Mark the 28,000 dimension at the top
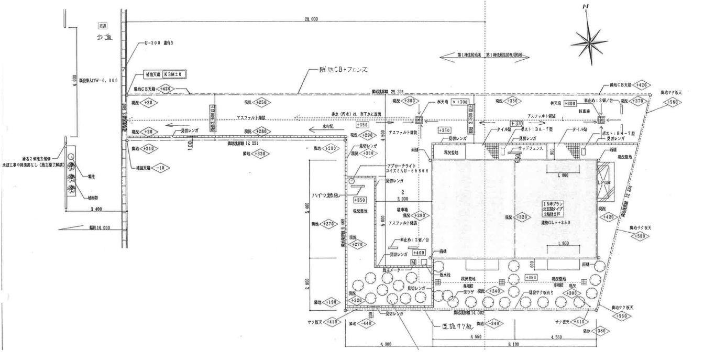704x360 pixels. tap(311, 19)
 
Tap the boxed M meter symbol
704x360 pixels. tap(413, 261)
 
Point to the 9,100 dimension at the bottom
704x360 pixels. tap(515, 344)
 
